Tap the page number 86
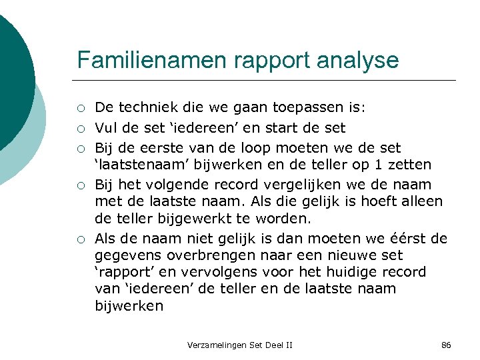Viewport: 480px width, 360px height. [x=446, y=345]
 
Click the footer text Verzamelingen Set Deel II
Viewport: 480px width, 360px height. [x=240, y=345]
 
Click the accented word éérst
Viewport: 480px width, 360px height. [x=407, y=239]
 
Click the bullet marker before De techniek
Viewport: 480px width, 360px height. [x=80, y=109]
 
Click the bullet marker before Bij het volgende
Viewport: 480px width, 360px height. [x=80, y=185]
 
